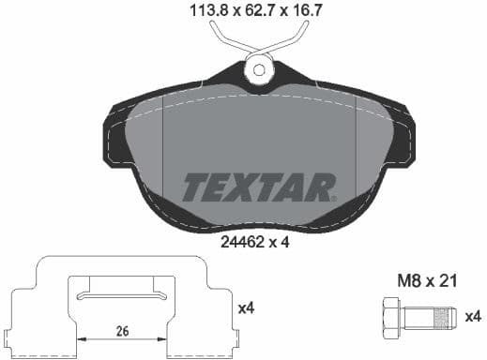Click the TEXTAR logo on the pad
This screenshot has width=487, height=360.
point(257,187)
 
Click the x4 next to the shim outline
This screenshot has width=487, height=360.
point(247,307)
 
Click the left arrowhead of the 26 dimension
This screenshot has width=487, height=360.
point(84,340)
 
